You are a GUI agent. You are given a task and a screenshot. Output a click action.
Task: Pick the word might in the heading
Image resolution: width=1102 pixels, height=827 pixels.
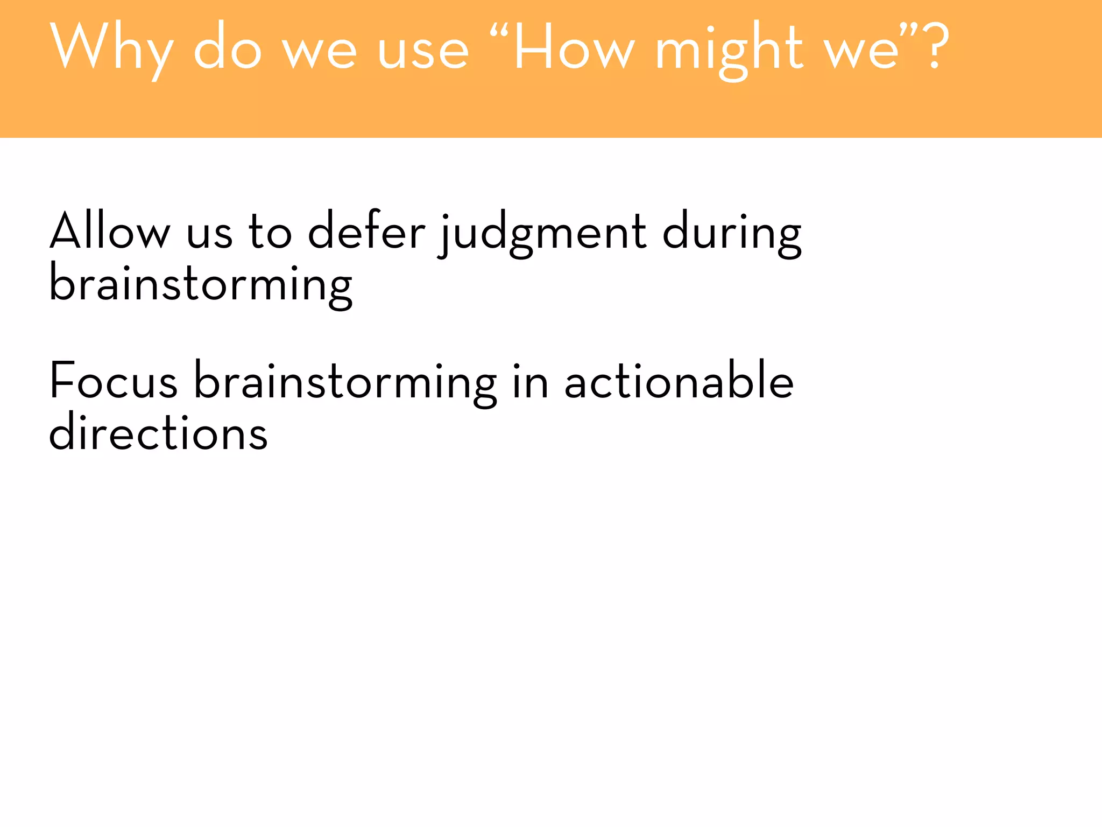point(729,51)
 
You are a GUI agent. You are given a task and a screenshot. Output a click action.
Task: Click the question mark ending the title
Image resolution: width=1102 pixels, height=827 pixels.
point(935,47)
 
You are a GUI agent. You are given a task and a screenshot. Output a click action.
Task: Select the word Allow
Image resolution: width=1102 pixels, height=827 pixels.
point(110,232)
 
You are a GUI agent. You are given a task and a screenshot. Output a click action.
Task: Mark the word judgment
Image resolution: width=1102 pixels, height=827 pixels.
point(543,234)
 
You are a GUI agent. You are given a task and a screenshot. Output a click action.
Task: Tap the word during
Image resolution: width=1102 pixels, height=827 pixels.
point(732,234)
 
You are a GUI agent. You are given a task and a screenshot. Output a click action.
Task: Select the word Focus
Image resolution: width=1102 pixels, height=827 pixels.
point(114,381)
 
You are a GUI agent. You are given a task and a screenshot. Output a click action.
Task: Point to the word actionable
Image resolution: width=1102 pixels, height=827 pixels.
point(679,381)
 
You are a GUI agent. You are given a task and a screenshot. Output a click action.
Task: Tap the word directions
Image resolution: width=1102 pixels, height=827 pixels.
point(158,432)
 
